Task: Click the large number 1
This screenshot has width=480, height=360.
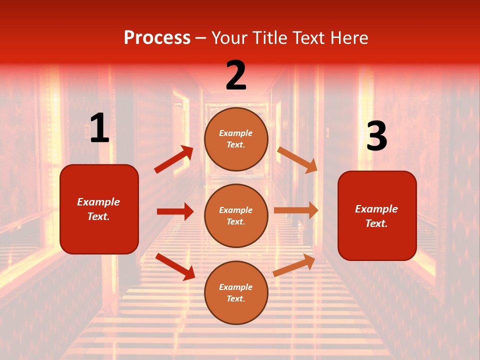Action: pos(99,129)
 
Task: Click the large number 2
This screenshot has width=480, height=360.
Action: pos(236,75)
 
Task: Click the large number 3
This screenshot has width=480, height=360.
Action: pos(376,136)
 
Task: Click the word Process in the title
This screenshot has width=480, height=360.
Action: pos(157,37)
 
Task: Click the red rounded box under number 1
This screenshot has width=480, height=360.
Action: pos(99,209)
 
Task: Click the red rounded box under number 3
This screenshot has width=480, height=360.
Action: pos(377,215)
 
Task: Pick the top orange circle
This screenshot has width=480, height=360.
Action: pos(236,139)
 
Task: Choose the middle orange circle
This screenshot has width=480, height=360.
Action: pos(236,215)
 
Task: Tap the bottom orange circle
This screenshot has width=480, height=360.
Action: pos(236,292)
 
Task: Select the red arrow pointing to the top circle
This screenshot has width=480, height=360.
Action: pos(173,159)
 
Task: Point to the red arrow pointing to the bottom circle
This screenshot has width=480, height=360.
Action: pos(175,266)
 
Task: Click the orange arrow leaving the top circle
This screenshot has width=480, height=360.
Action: pos(297,159)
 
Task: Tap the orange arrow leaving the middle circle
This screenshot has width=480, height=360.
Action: pos(296,210)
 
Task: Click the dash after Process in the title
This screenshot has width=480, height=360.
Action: pos(201,38)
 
